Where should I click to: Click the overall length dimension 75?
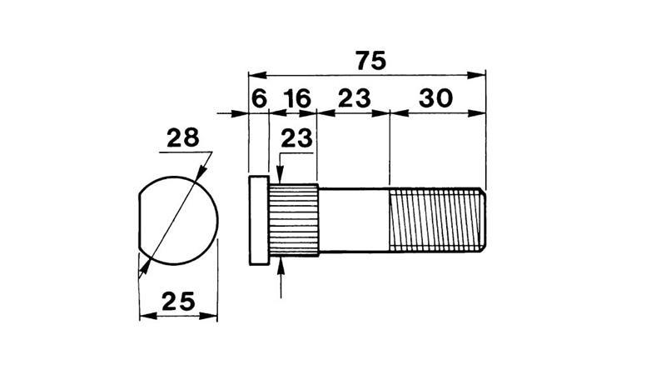pos(370,61)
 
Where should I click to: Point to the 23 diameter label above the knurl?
pos(296,138)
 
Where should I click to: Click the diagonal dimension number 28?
pos(182,137)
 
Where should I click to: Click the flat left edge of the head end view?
pos(138,222)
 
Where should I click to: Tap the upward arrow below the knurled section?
pos(283,265)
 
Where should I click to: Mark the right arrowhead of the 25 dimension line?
pos(211,317)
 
